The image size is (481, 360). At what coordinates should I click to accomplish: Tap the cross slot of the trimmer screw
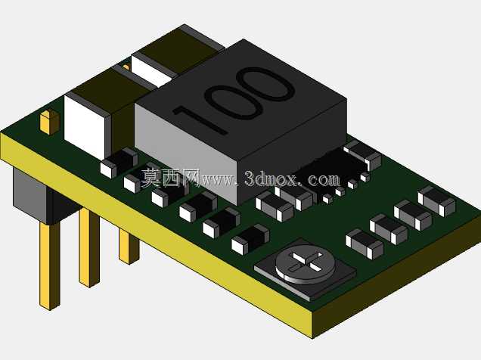coord(306,262)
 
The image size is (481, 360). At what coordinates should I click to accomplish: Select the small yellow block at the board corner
coord(50,122)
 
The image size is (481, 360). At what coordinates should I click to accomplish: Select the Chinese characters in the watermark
coord(171,178)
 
